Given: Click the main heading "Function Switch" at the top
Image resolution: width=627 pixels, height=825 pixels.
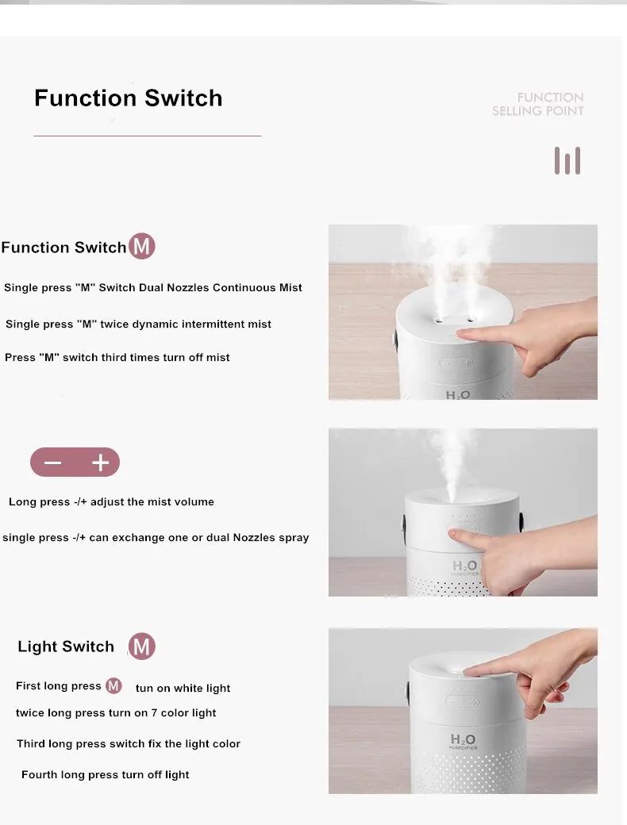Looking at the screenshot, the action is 128,98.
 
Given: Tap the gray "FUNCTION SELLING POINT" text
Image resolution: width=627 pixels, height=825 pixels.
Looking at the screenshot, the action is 537,104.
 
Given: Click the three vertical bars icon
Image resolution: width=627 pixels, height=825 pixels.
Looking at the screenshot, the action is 567,160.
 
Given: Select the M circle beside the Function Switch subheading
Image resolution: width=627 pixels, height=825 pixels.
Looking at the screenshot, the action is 141,246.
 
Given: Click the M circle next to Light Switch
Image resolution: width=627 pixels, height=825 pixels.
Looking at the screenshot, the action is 141,646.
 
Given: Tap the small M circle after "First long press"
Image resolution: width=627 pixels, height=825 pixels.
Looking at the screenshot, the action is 113,686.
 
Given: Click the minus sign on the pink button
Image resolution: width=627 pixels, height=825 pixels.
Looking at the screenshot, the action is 52,462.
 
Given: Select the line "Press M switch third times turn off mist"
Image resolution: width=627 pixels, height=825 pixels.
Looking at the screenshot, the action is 117,358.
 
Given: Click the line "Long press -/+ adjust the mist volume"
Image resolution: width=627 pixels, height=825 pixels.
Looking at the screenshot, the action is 112,502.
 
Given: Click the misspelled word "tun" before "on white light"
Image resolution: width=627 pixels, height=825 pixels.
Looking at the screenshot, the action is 144,689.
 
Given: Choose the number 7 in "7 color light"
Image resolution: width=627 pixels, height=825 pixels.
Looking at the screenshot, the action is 154,713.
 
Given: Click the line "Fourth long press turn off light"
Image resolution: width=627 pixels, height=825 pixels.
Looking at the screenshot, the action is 106,775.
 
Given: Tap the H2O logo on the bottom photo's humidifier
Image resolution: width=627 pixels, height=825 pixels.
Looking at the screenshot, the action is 464,740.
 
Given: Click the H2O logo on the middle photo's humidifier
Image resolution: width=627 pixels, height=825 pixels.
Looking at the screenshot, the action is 465,566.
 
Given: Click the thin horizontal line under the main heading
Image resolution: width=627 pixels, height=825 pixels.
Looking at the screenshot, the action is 148,136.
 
